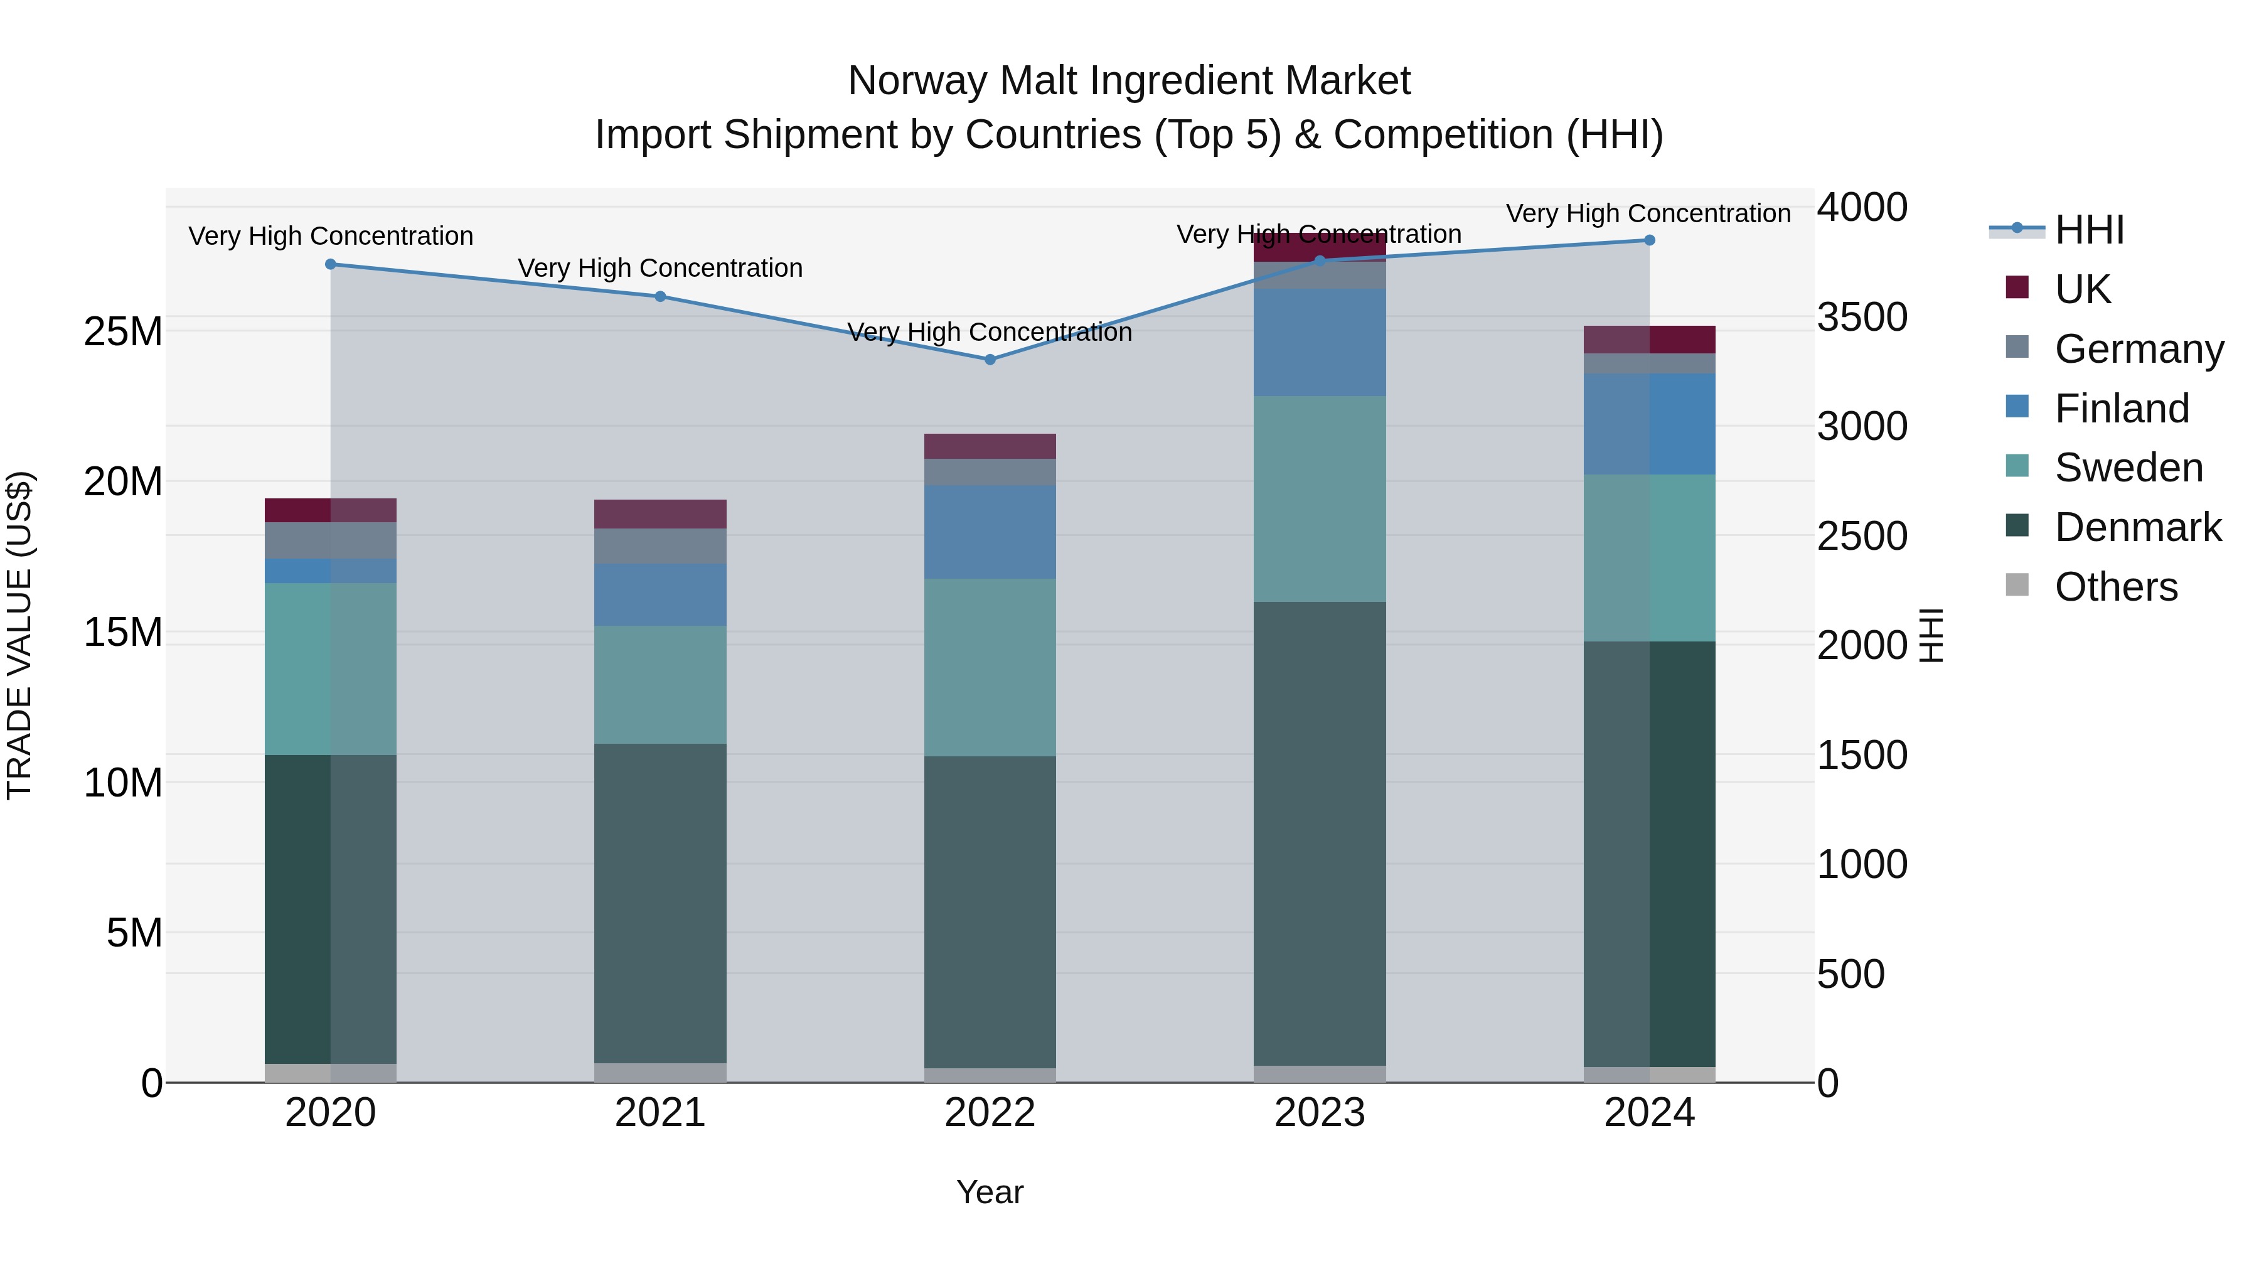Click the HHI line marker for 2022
990,360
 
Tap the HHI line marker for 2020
331,264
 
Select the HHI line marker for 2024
1648,240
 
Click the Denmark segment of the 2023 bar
1319,834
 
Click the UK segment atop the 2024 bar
1648,340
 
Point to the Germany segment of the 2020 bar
331,540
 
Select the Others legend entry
2115,587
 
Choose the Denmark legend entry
2137,527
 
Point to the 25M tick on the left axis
123,331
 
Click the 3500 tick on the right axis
1861,317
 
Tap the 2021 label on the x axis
660,1113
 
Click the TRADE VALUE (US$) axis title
19,635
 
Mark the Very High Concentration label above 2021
660,267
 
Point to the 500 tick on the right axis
1850,973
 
